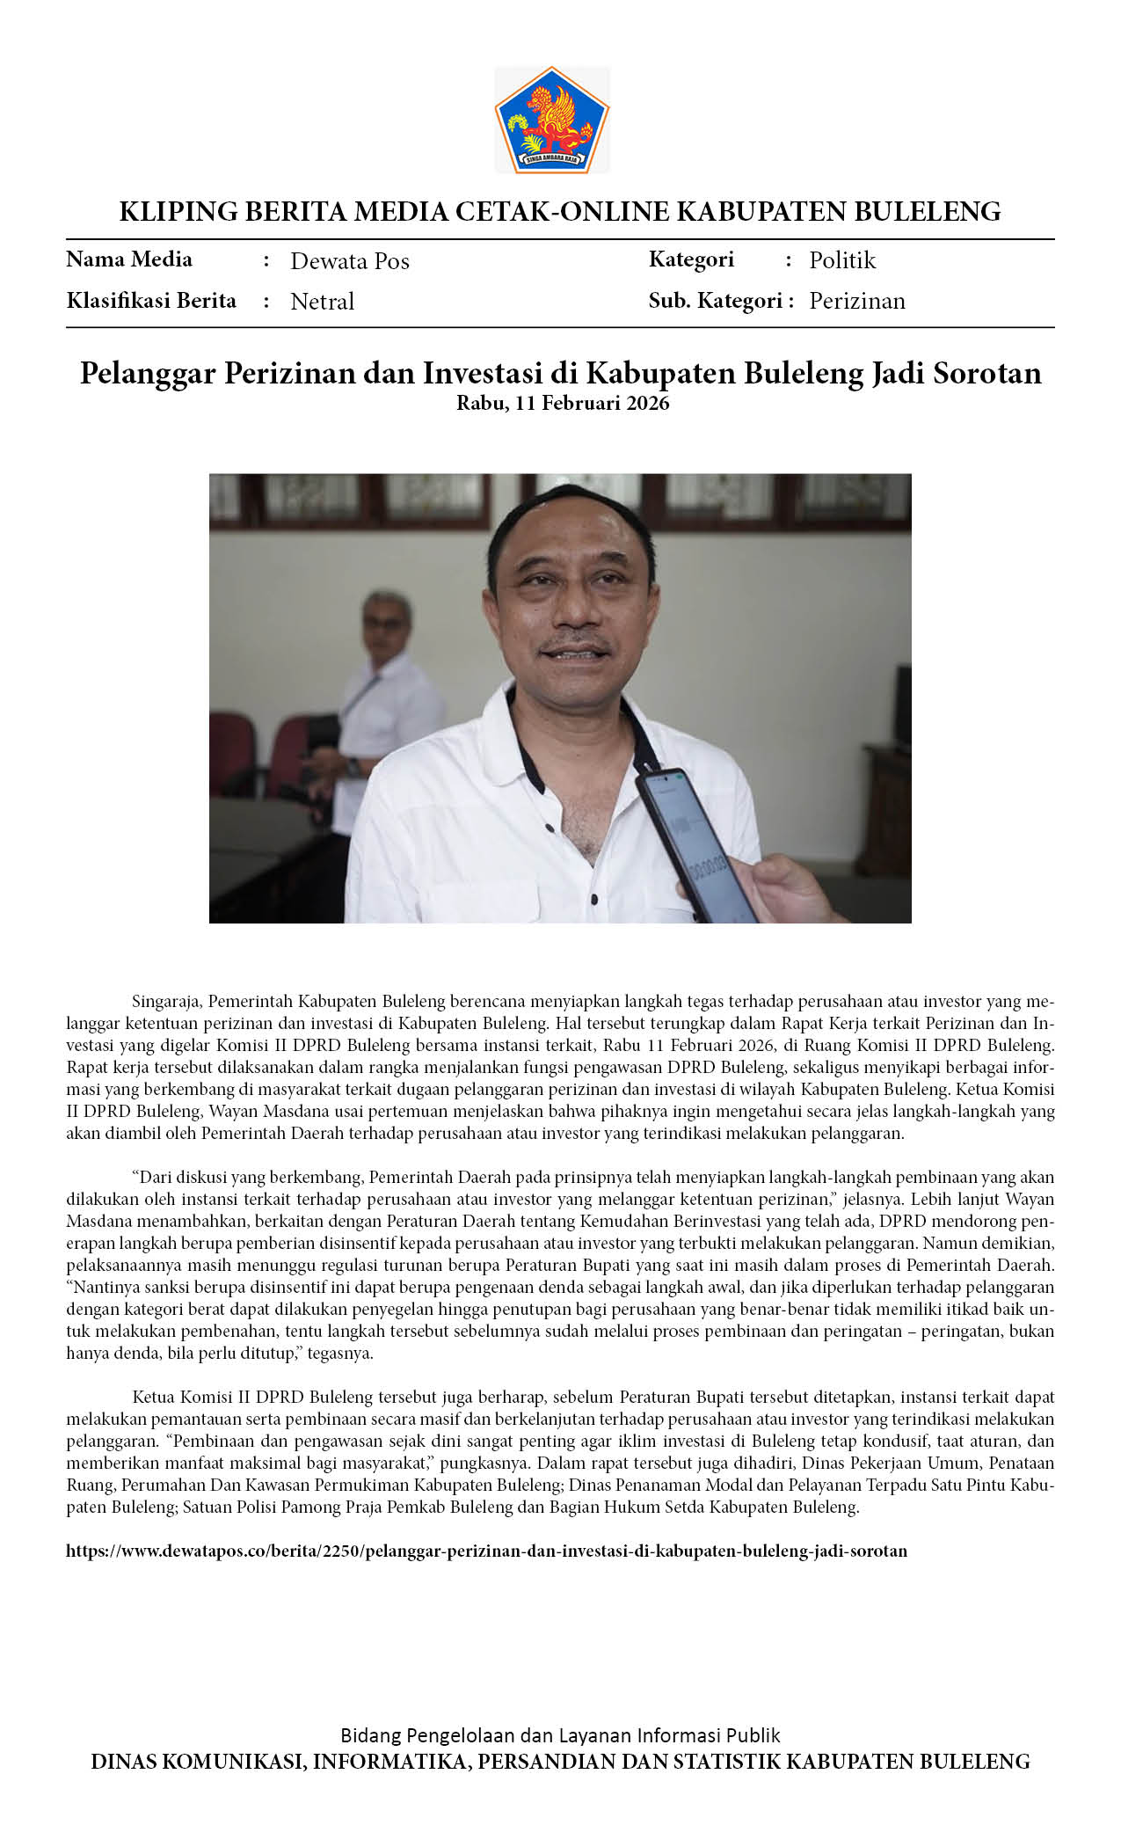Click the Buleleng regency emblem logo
(552, 120)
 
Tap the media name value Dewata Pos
(350, 261)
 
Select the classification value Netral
(322, 302)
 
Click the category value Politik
(842, 260)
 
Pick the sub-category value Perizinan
(857, 301)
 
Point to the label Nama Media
(129, 259)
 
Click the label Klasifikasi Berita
(151, 301)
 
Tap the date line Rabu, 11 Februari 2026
(563, 404)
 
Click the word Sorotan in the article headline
(987, 373)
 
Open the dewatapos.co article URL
(486, 1551)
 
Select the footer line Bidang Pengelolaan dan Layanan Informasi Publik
(560, 1735)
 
